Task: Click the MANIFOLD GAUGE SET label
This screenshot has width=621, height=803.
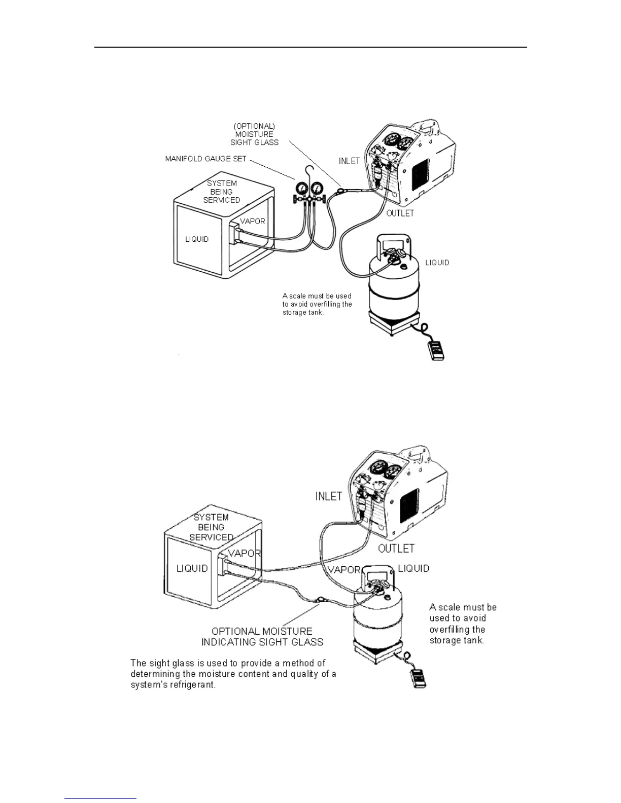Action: [205, 159]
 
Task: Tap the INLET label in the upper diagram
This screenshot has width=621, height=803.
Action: [349, 161]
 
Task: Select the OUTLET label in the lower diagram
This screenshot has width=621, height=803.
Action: [396, 548]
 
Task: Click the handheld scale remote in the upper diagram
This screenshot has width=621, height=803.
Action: [436, 350]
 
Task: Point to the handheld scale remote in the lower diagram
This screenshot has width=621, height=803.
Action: [418, 678]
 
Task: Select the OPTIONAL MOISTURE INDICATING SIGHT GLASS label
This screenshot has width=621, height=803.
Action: [262, 637]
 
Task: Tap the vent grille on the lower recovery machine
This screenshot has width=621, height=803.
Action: [409, 507]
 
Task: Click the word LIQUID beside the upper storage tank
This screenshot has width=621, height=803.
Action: [437, 262]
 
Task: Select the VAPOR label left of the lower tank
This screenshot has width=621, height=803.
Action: [344, 570]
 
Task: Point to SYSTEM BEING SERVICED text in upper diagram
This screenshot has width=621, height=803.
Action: [222, 192]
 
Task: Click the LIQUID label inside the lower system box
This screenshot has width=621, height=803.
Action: [192, 568]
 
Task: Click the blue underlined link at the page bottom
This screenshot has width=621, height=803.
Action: [100, 799]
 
